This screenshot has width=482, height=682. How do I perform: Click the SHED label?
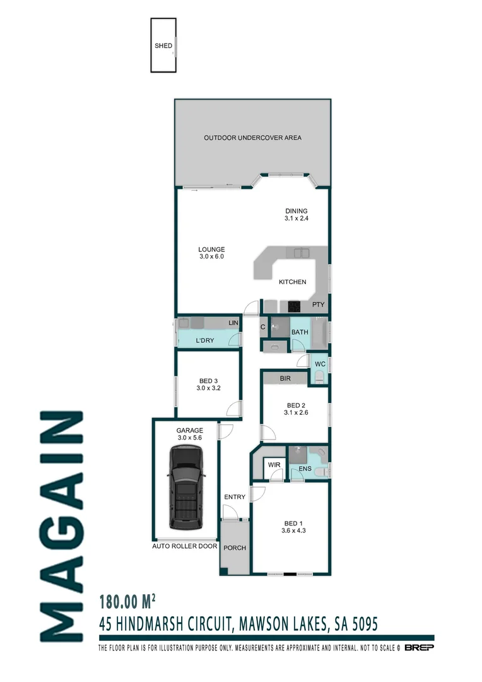pyautogui.click(x=163, y=46)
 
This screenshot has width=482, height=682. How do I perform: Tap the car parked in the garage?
pyautogui.click(x=186, y=488)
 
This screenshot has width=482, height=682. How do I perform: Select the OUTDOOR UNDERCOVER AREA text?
pyautogui.click(x=252, y=138)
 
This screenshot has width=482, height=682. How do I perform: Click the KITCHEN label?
pyautogui.click(x=292, y=282)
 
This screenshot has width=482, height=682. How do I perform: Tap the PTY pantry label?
pyautogui.click(x=319, y=305)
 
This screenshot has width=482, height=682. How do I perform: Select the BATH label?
pyautogui.click(x=300, y=332)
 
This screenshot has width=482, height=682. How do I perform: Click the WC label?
pyautogui.click(x=320, y=364)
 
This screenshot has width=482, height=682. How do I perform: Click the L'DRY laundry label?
pyautogui.click(x=205, y=341)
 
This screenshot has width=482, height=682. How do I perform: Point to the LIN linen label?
pyautogui.click(x=233, y=323)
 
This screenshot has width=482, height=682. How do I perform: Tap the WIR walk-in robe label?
pyautogui.click(x=274, y=465)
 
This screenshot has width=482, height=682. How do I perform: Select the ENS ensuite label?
pyautogui.click(x=305, y=469)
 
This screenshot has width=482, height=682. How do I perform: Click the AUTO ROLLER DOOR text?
pyautogui.click(x=184, y=546)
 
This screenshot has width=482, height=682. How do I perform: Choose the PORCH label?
pyautogui.click(x=234, y=547)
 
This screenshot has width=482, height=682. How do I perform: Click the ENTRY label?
pyautogui.click(x=235, y=497)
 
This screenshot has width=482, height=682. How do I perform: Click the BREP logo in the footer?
pyautogui.click(x=419, y=648)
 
